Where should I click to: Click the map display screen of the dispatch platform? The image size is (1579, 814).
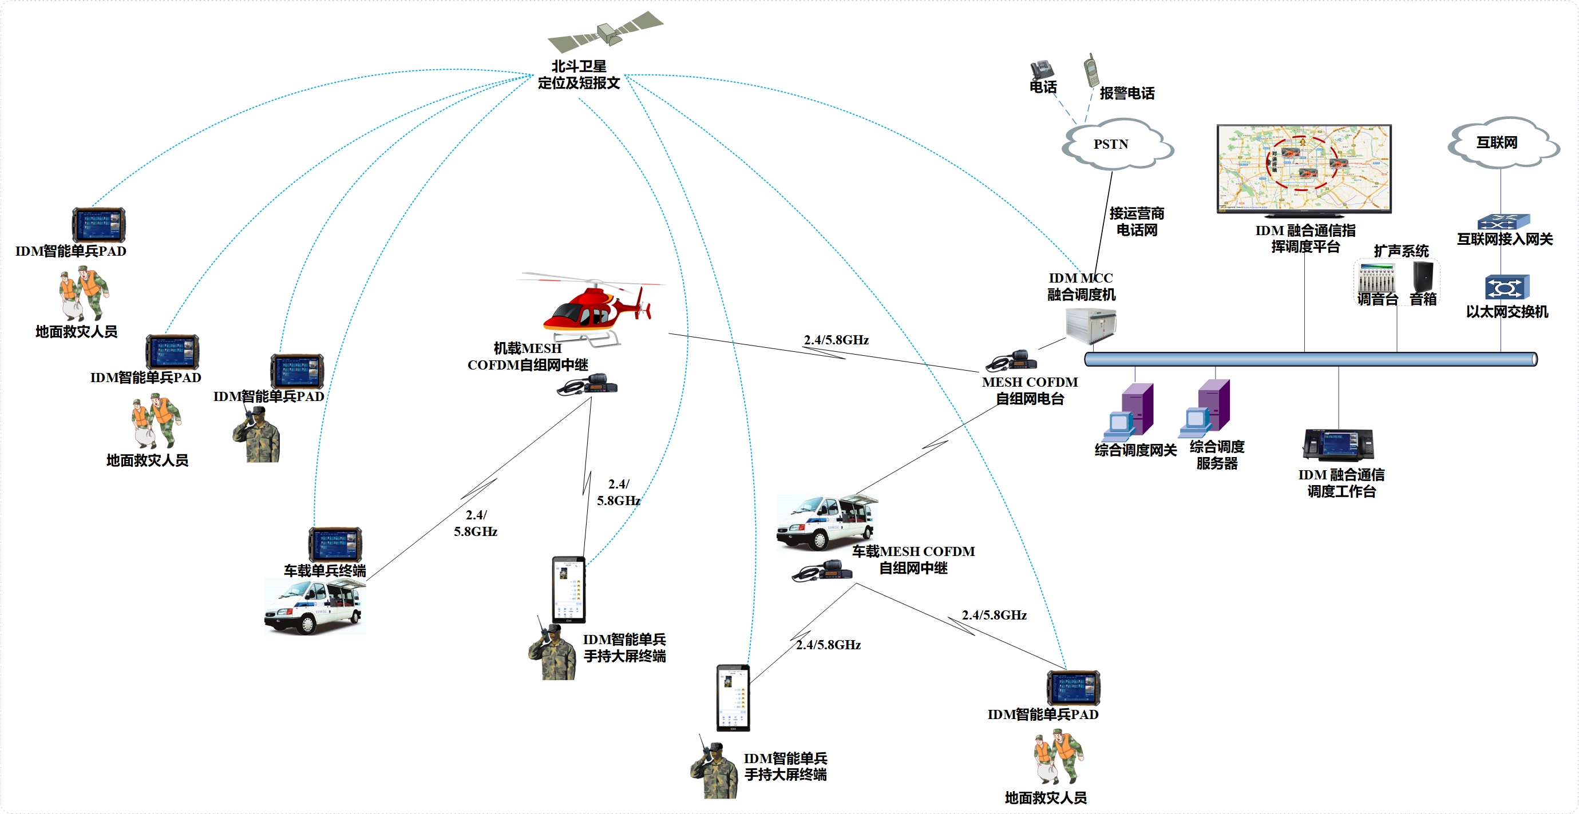pos(1304,167)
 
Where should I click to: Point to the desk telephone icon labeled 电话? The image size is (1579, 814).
pos(1042,70)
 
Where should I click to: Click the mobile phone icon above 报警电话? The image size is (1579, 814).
pos(1090,70)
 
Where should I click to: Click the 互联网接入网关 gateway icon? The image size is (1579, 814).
pos(1503,221)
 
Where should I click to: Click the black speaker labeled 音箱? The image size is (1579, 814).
pos(1422,277)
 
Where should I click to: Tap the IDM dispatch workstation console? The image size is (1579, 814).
pos(1338,445)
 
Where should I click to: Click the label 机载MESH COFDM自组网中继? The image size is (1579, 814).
pos(527,356)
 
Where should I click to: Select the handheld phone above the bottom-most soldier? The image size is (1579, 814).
pos(733,698)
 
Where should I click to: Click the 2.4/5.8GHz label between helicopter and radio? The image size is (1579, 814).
pos(836,340)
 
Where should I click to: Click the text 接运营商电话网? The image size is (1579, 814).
pos(1136,222)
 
